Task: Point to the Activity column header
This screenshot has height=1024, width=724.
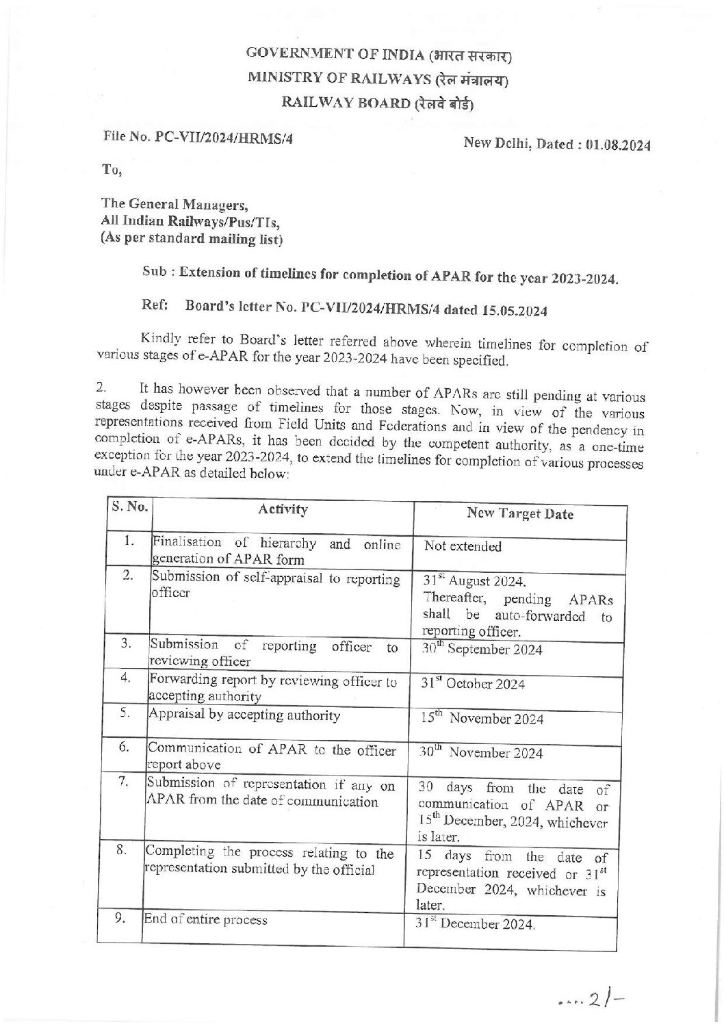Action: pyautogui.click(x=283, y=509)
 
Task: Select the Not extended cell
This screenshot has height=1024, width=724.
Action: pyautogui.click(x=463, y=546)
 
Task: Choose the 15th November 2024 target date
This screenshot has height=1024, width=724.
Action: pyautogui.click(x=482, y=719)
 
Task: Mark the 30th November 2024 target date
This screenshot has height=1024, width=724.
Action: pyautogui.click(x=482, y=753)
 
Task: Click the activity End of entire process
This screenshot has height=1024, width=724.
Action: pyautogui.click(x=205, y=920)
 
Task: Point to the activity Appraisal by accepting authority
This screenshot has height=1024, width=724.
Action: pyautogui.click(x=245, y=715)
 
